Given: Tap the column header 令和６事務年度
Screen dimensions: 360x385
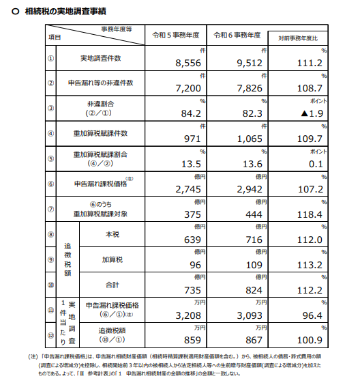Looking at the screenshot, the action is (238, 35).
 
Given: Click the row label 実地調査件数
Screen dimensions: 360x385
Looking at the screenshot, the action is (102, 59).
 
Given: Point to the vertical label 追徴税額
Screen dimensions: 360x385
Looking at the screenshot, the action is (67, 259).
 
